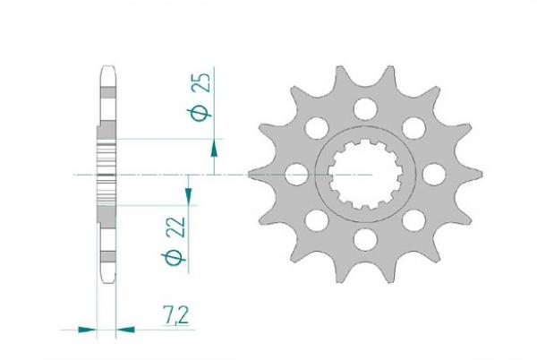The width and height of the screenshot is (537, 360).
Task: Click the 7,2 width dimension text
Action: (176, 315)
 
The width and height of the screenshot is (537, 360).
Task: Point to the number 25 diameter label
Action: (201, 82)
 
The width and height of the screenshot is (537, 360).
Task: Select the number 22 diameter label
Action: (175, 227)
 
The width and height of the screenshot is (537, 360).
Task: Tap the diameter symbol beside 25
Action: (199, 114)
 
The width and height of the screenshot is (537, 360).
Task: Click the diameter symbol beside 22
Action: (174, 258)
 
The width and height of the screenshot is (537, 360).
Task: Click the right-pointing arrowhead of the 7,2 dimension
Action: (87, 330)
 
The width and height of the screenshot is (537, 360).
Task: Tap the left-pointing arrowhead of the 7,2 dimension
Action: (125, 330)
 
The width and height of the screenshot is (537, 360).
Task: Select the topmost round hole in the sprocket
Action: (365, 109)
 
